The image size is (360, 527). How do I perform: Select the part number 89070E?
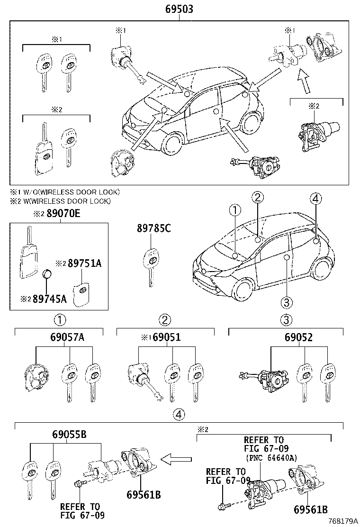pos(63,214)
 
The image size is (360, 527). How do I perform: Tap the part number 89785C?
pos(153,229)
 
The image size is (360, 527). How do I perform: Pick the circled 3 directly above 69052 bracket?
pos(286,320)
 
